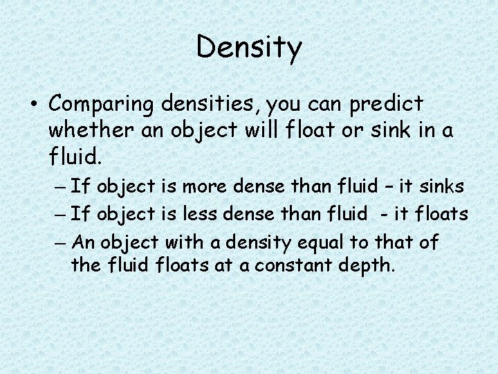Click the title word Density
(x=249, y=47)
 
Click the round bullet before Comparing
(x=33, y=105)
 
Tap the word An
(x=82, y=242)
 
